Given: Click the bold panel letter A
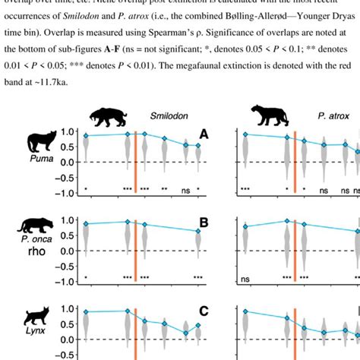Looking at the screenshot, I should pyautogui.click(x=203, y=134).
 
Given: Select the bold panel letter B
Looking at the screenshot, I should pyautogui.click(x=203, y=223).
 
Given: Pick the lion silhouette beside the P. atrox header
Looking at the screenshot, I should pyautogui.click(x=273, y=116).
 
